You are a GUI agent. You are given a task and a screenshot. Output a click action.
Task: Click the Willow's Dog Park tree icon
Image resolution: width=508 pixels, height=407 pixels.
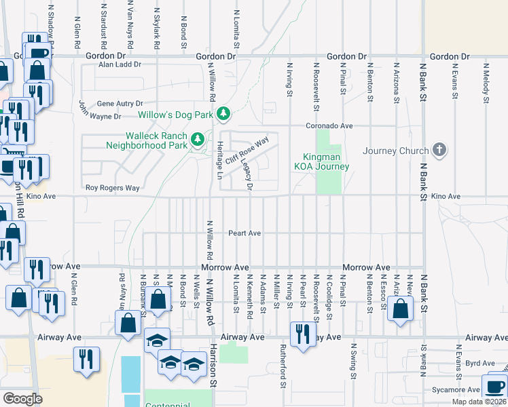(x=223, y=114)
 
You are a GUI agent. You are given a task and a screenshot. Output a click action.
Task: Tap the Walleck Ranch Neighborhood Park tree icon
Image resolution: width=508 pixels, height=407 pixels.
(x=198, y=140)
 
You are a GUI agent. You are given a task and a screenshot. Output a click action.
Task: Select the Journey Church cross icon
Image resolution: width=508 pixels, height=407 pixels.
(x=440, y=150)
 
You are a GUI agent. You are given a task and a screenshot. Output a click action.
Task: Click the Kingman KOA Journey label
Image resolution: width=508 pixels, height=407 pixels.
(x=321, y=161)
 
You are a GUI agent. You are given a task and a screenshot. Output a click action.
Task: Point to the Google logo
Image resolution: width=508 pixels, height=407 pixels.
(x=22, y=398)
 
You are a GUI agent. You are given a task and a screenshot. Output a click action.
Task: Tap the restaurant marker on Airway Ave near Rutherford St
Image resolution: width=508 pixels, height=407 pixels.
(x=302, y=333)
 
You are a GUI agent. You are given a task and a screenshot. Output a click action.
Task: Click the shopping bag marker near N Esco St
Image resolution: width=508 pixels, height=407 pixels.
(x=401, y=309)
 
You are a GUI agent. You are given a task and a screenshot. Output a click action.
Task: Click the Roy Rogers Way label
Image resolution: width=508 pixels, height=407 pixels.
(x=112, y=188)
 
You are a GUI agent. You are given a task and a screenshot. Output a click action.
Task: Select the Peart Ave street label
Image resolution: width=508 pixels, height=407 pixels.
(x=244, y=233)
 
